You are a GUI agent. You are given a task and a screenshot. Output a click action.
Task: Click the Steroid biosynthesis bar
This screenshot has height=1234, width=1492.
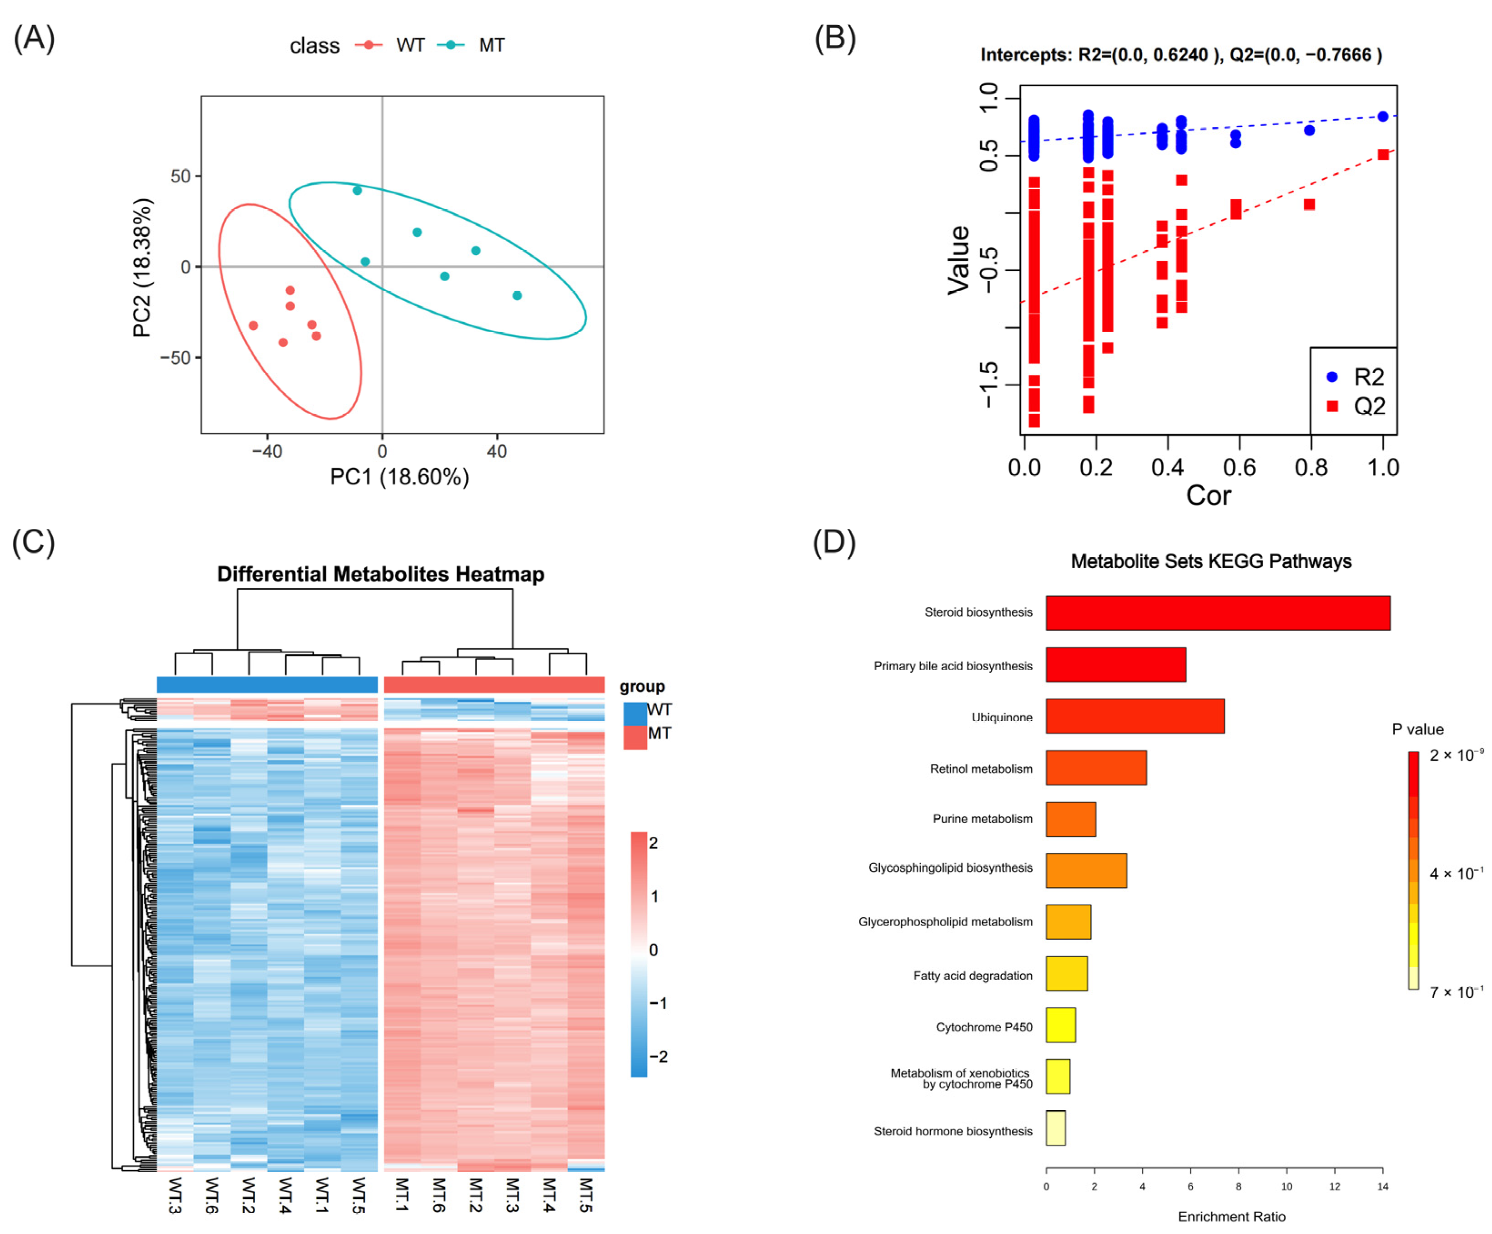(1217, 613)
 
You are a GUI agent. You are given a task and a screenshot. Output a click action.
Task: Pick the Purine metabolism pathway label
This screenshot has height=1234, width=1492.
(982, 819)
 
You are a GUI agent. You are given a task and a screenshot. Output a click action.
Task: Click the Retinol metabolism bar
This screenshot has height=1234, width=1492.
(1095, 768)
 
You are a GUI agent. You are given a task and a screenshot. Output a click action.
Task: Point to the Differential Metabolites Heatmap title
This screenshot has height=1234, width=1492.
(381, 574)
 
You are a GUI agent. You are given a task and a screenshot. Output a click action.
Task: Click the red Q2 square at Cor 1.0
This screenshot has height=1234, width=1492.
(1382, 155)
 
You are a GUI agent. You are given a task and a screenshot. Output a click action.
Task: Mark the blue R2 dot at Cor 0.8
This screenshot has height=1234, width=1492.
(1310, 130)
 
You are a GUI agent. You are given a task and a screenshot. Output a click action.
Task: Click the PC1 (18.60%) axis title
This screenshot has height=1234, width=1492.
(399, 476)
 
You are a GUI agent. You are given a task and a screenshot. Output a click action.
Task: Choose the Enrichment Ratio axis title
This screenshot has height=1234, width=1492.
(1231, 1216)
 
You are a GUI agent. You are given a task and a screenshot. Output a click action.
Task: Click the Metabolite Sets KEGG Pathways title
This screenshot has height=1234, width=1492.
(1210, 561)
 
